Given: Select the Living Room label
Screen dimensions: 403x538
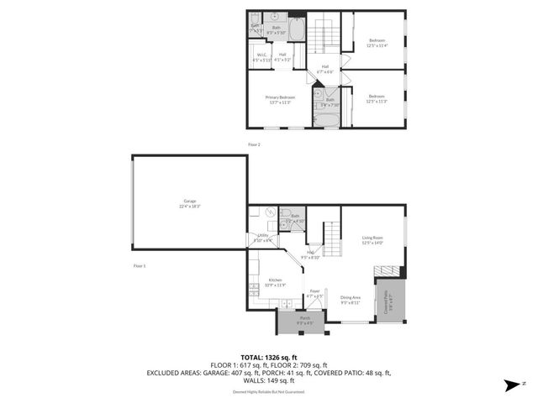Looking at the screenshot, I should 372,241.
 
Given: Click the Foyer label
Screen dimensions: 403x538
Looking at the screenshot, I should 315,293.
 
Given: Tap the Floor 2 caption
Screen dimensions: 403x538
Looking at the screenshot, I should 254,144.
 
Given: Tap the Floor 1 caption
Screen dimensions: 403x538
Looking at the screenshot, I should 140,265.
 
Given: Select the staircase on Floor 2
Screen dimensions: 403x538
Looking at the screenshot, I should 324,38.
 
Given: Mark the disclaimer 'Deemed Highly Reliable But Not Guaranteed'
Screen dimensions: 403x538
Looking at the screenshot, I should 269,391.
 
